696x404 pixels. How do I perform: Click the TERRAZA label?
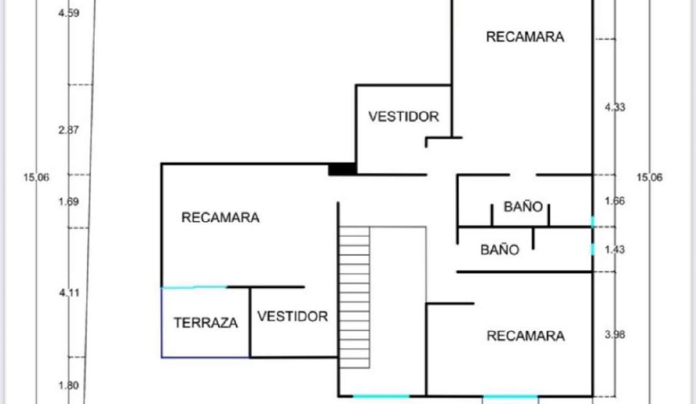[x=205, y=323]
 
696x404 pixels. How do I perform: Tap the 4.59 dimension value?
[x=68, y=13]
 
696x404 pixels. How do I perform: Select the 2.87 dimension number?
[x=68, y=130]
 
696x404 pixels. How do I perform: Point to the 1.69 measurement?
[x=68, y=202]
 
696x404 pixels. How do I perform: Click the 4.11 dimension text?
[x=69, y=293]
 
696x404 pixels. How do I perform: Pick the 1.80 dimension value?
[x=68, y=385]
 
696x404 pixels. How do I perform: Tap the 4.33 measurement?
[x=615, y=107]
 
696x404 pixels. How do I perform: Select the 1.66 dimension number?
[x=615, y=201]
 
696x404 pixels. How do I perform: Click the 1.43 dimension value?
[x=615, y=250]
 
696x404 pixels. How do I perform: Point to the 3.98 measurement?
[x=615, y=335]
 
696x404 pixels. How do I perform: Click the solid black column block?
[x=342, y=169]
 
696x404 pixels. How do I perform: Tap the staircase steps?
[x=354, y=297]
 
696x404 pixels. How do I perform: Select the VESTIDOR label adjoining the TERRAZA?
[x=292, y=316]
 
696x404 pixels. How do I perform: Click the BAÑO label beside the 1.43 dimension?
[x=500, y=250]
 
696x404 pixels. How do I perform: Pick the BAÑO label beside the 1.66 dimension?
[x=523, y=206]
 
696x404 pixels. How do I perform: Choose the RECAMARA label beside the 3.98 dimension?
[x=526, y=336]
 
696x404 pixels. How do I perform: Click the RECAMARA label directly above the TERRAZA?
[x=220, y=217]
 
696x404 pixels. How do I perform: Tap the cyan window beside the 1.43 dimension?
[x=593, y=249]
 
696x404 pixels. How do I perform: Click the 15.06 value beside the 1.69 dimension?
[x=36, y=177]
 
